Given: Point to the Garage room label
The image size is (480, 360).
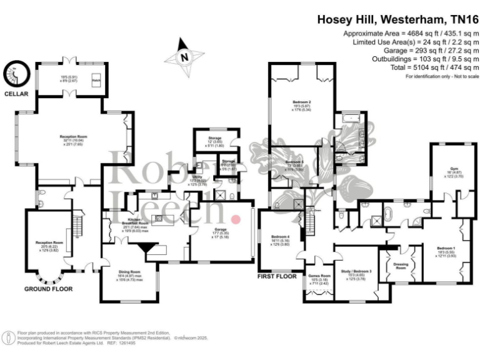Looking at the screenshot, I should (220, 230).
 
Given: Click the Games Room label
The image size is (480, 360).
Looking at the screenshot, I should (319, 275).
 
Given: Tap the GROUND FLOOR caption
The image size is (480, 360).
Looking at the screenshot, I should (47, 289).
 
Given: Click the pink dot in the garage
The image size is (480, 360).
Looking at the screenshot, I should (236, 219).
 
